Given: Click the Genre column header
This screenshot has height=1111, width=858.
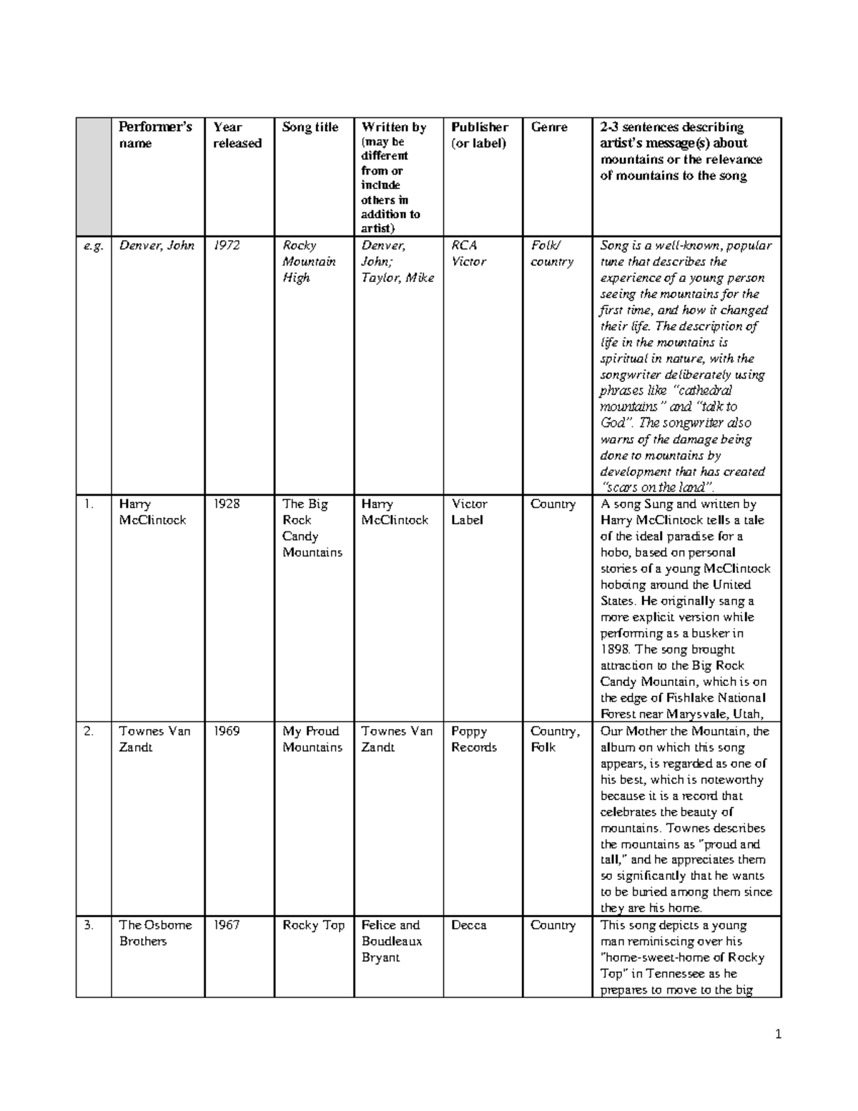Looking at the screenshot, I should click(548, 127).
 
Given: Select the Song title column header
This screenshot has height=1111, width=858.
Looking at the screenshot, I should click(310, 127).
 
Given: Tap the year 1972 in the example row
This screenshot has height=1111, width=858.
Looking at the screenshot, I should click(227, 245).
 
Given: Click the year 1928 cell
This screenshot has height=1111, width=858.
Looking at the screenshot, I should click(227, 504).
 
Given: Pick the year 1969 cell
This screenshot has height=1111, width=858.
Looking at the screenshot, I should click(227, 731).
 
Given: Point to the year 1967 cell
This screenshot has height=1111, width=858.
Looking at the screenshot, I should click(227, 925).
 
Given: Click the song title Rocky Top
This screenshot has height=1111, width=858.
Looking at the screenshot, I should click(313, 925).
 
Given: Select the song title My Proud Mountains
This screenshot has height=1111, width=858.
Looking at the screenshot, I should click(312, 739).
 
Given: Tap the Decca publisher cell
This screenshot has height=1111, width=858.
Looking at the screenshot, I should click(468, 925).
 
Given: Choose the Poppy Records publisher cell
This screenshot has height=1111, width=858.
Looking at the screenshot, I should click(473, 739).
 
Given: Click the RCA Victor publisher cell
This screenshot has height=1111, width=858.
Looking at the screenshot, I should click(468, 253).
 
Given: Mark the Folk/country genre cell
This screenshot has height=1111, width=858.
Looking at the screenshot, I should click(551, 253).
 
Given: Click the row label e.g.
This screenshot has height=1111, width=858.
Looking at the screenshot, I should click(93, 245).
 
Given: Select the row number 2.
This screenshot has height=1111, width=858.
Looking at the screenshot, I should click(88, 731).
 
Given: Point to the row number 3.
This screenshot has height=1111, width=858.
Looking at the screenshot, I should click(88, 925).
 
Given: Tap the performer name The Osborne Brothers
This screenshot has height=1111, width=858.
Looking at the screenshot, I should click(155, 933).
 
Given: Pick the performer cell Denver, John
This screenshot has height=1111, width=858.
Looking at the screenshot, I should click(157, 245).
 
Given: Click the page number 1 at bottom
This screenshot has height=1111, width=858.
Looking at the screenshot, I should click(779, 1034).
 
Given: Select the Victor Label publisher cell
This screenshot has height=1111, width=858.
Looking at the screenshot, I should click(468, 512).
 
